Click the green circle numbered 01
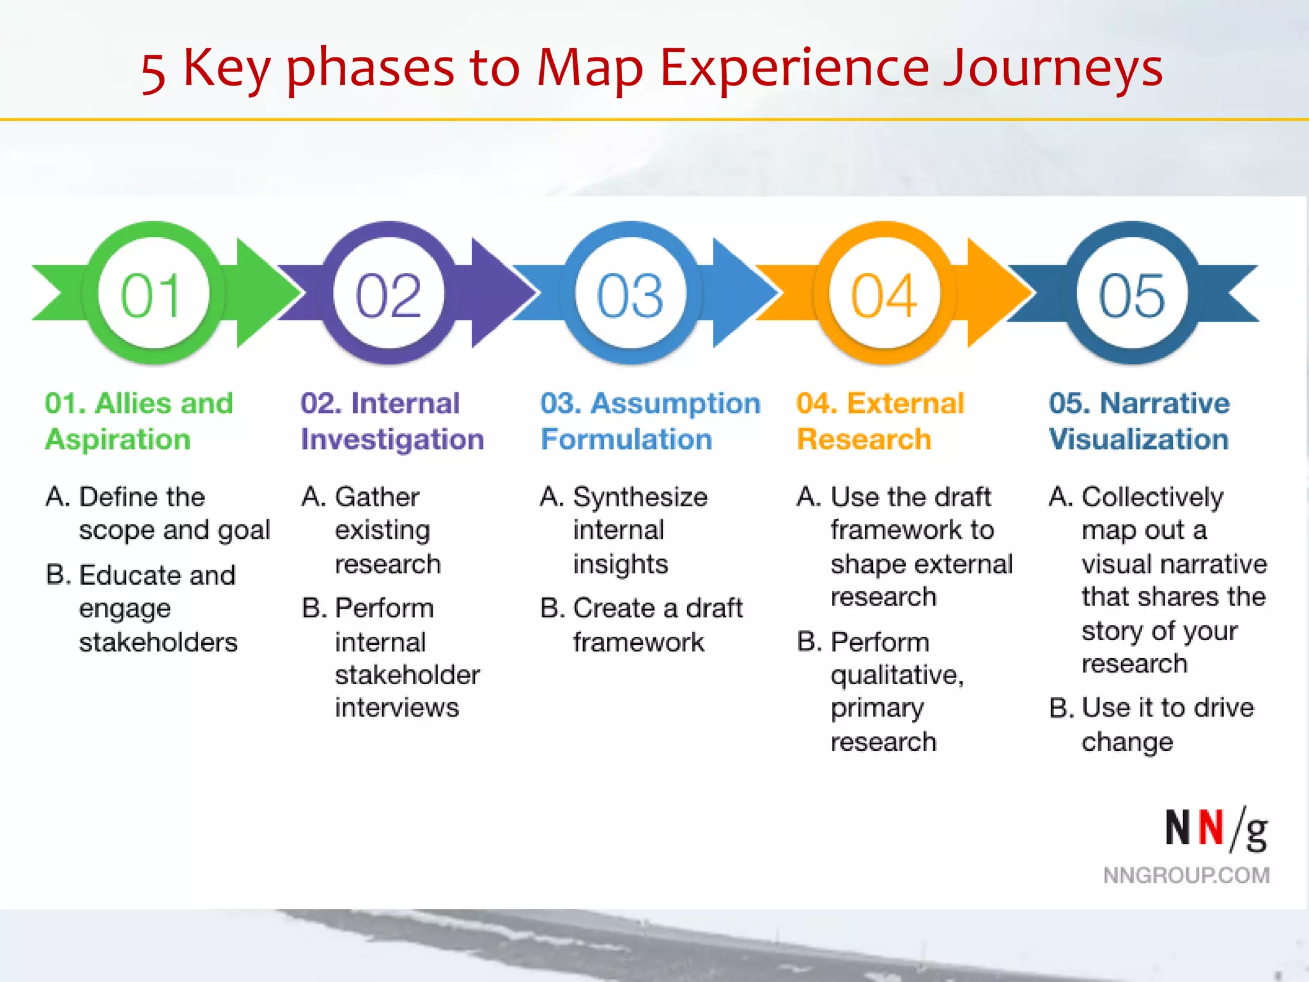coord(154,293)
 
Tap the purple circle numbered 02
coord(389,293)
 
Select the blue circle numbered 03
coord(630,293)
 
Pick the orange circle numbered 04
coord(884,293)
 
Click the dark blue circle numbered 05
coord(1132,293)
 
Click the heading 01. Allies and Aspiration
coord(139,421)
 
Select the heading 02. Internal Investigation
coord(392,421)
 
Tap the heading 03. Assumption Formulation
coord(650,421)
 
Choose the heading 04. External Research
coord(879,421)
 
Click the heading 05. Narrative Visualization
coord(1139,421)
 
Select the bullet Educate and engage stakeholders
coord(157,608)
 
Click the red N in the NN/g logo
coord(1211,828)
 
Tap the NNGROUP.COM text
coord(1186,875)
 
